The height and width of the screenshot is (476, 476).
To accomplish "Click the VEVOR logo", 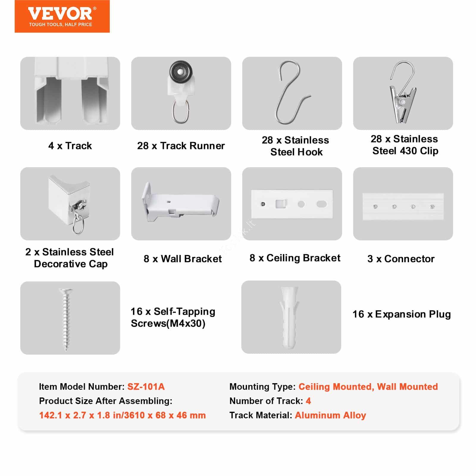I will pos(62,16).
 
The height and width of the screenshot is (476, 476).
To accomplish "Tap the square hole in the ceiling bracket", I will pos(281,204).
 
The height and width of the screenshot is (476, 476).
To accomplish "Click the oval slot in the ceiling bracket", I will pos(322,204).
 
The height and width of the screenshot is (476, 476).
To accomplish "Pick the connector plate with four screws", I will pos(403,206).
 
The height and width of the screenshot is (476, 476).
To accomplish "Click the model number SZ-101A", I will pos(146,386).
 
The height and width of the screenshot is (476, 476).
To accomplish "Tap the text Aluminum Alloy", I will pos(330,415).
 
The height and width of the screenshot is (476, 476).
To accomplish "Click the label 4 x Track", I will pos(70,146).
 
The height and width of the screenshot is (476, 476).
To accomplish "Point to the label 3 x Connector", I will pos(401,259).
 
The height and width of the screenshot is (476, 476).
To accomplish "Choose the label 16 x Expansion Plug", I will pos(401,314).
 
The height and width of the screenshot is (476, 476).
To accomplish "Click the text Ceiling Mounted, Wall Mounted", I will pos(368,386).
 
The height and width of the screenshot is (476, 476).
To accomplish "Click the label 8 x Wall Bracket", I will pos(182,259).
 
